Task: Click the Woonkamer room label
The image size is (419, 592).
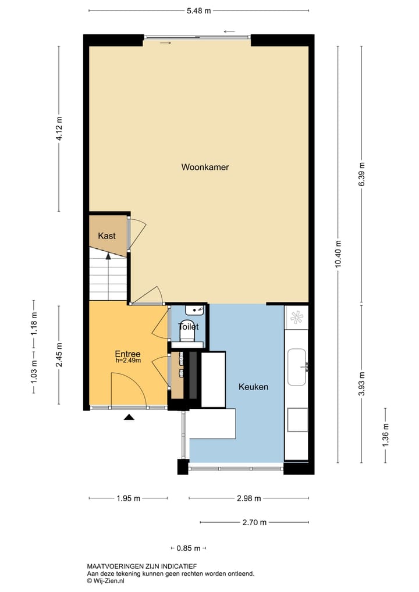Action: click(x=205, y=167)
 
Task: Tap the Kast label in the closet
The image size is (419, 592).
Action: click(x=106, y=236)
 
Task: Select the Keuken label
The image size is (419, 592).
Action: click(x=253, y=386)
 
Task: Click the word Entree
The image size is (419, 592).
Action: click(x=127, y=354)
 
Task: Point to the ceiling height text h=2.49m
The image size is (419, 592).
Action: click(x=129, y=361)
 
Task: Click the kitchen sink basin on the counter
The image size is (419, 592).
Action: click(x=297, y=367)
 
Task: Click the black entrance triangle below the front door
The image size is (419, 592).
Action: click(x=129, y=416)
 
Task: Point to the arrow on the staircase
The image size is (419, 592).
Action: click(x=108, y=257)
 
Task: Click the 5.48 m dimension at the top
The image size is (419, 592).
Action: click(x=198, y=10)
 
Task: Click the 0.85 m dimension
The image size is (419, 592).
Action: click(x=189, y=548)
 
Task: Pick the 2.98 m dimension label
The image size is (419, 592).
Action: click(x=248, y=498)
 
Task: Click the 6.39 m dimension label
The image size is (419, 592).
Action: click(x=362, y=173)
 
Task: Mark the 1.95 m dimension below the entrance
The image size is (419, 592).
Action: click(x=128, y=498)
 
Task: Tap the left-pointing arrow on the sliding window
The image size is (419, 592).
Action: click(x=229, y=31)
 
